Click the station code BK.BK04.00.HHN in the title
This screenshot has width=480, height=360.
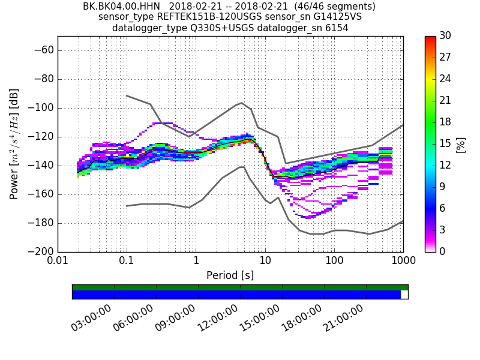(122, 7)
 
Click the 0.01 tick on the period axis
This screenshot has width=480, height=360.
(58, 262)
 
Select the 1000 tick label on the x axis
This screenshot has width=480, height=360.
(403, 262)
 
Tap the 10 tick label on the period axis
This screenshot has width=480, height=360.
(265, 262)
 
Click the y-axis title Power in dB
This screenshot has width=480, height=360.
(14, 144)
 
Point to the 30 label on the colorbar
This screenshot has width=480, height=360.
(445, 36)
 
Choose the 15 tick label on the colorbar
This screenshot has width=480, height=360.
(445, 144)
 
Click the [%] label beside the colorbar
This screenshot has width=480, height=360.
(460, 144)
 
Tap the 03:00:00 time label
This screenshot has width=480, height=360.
(91, 317)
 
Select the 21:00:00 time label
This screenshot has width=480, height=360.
(343, 317)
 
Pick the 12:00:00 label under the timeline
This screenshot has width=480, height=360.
(217, 317)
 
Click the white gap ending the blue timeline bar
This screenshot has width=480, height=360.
(404, 295)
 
